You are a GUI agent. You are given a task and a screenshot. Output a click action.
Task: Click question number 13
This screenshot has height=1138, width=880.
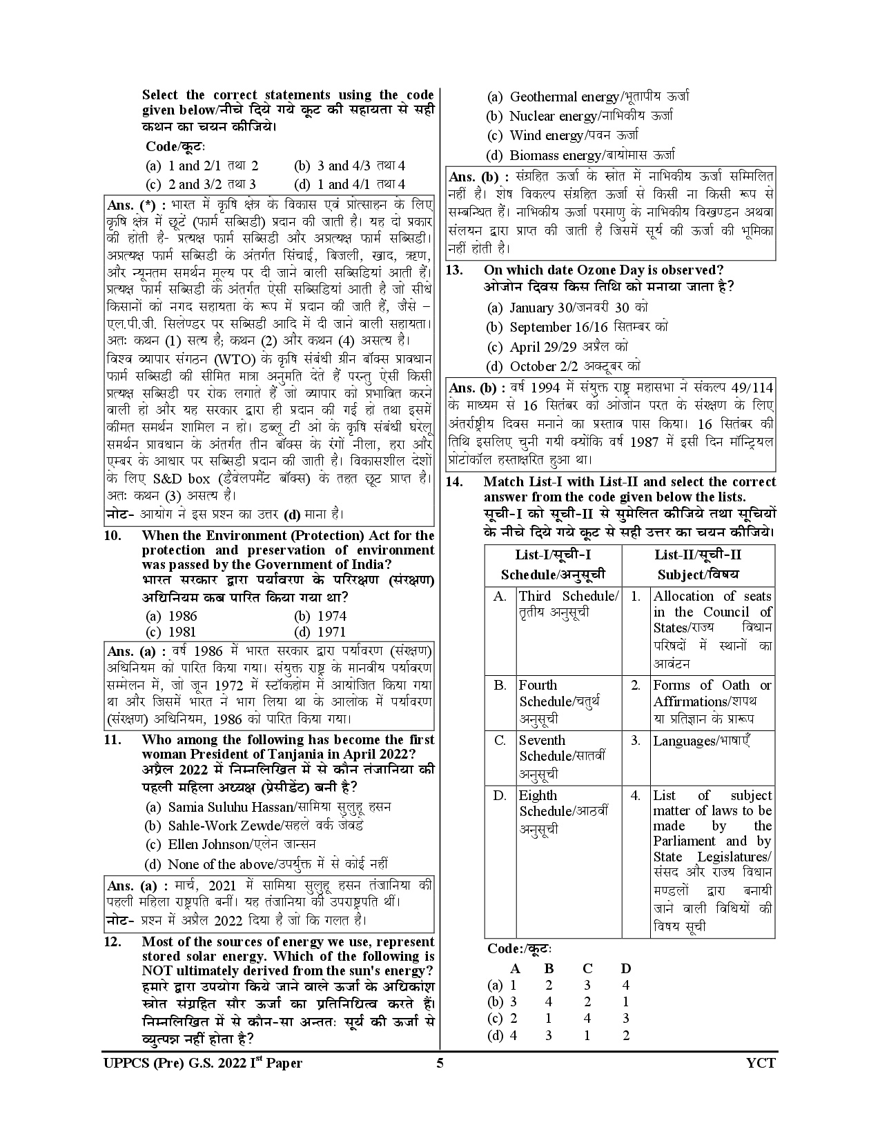tap(454, 270)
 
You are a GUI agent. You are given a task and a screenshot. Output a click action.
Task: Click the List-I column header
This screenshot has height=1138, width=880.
tap(553, 565)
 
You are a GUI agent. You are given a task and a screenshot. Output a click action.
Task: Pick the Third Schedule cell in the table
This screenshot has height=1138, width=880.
tap(568, 604)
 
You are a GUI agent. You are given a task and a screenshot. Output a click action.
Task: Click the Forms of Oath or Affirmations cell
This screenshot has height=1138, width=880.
tap(712, 701)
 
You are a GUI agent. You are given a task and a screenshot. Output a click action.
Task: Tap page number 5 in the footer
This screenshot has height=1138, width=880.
tap(440, 1082)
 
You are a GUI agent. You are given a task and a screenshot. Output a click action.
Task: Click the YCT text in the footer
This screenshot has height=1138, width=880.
tap(761, 1082)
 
